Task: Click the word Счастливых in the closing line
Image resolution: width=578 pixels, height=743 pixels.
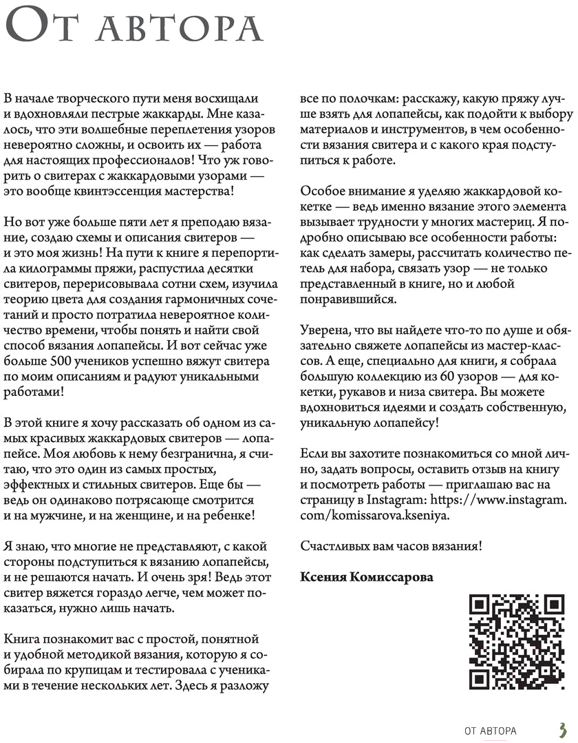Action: (332, 546)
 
